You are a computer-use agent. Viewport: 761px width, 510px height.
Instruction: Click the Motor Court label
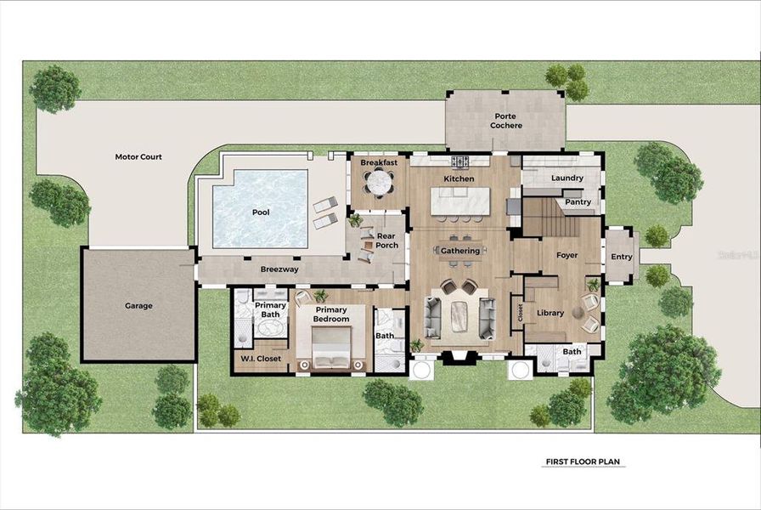138,157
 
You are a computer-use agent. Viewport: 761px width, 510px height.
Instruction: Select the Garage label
138,306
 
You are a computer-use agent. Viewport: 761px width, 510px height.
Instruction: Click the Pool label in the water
261,212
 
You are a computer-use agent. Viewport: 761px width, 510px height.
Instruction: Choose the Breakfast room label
379,162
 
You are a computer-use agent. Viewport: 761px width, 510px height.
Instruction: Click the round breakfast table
379,182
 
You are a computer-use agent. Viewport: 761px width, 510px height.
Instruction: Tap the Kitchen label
459,179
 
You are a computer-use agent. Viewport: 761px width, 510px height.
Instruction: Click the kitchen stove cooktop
459,161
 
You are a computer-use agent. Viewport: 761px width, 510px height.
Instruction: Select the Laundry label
567,178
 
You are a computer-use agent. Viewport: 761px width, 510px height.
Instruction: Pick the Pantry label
578,202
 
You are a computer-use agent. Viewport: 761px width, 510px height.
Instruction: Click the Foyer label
567,255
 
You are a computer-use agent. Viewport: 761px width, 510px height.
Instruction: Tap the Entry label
622,257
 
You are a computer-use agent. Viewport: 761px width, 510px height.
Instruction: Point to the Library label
550,314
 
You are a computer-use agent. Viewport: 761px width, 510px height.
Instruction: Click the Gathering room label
460,251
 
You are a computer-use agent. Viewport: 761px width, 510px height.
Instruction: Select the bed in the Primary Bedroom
332,348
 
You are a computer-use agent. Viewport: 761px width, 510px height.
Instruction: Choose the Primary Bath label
270,310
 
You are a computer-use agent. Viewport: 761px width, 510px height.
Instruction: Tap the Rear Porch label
387,241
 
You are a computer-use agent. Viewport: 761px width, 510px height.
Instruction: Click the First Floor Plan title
583,462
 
